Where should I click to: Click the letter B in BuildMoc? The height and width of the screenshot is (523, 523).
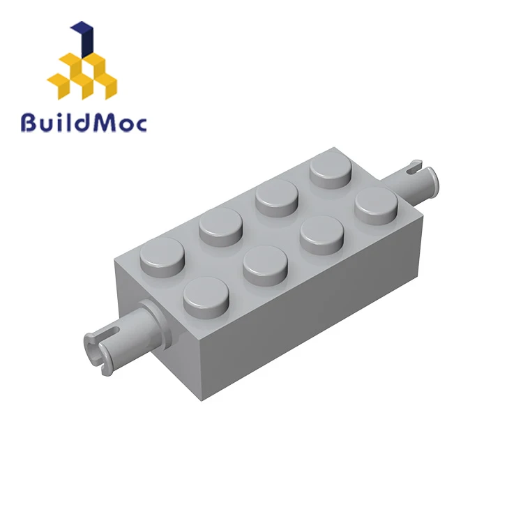click(31, 122)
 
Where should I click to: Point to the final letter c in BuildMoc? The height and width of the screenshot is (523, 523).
click(140, 125)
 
